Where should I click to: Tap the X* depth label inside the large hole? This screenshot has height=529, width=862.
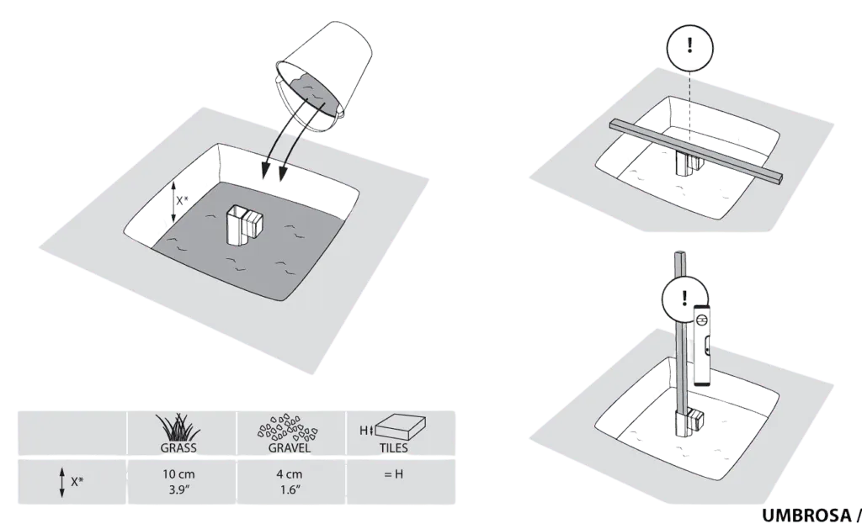(x=182, y=201)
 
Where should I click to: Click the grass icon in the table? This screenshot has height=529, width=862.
(x=178, y=427)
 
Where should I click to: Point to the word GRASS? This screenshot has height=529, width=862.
(x=178, y=447)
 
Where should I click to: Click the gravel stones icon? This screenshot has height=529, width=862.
(x=288, y=427)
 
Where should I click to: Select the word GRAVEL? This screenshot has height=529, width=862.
(x=290, y=447)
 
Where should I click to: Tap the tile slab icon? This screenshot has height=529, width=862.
(x=402, y=427)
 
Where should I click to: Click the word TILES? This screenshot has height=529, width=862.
(x=394, y=448)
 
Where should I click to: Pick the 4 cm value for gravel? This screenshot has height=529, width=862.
(x=290, y=481)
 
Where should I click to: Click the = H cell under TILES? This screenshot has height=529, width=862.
(x=394, y=473)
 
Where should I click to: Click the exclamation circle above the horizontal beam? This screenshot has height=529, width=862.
(x=690, y=47)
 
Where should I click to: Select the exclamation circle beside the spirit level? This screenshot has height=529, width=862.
(x=684, y=299)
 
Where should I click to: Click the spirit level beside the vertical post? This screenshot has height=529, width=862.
(x=703, y=345)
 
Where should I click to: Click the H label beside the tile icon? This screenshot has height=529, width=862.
(x=363, y=431)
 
